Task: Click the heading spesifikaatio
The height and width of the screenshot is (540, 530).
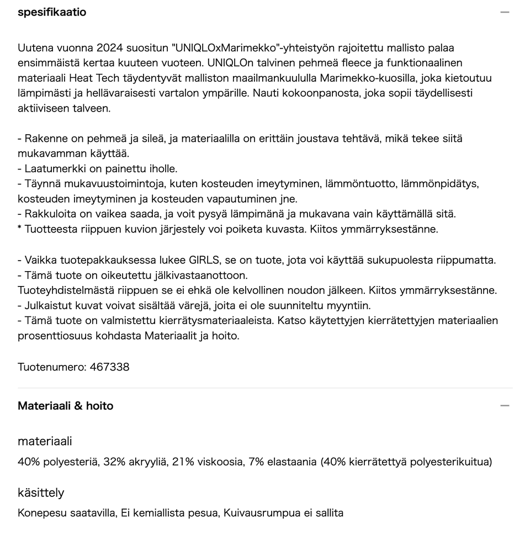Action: point(52,12)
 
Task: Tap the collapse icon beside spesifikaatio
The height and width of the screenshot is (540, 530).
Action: point(504,12)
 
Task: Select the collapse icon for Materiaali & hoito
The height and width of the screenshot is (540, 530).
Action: point(504,406)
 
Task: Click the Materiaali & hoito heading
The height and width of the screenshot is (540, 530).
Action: point(65,406)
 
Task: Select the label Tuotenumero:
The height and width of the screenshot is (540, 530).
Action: point(51,367)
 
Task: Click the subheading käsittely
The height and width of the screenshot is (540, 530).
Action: point(41,493)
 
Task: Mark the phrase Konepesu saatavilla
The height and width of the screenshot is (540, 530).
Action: point(66,513)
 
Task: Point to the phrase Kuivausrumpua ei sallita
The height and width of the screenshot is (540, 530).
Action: point(283,513)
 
